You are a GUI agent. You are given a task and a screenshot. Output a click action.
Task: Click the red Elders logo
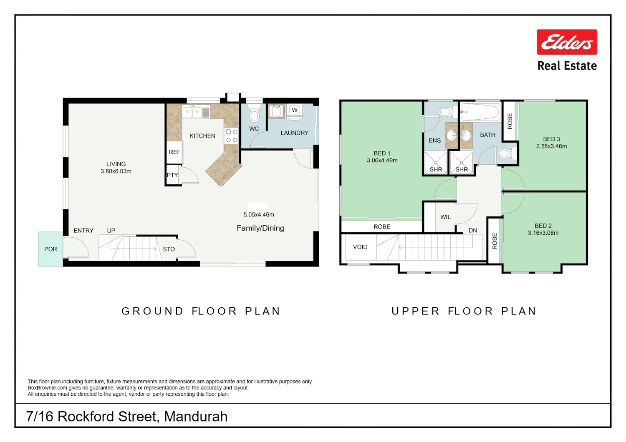[x=567, y=42]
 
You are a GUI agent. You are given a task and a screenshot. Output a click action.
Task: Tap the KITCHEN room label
[x=202, y=136]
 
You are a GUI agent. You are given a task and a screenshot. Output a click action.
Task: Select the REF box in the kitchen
[x=174, y=152]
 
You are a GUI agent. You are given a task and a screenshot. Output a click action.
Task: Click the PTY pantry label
[x=172, y=175]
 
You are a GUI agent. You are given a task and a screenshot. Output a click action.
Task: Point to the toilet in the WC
[x=254, y=113]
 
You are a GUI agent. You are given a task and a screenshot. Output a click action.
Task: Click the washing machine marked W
[x=294, y=111]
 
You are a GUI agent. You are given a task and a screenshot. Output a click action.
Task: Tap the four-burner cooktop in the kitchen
[x=231, y=136]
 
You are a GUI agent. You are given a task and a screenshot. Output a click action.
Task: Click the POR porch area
[x=50, y=249]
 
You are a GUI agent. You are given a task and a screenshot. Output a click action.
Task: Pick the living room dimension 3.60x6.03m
[x=116, y=171]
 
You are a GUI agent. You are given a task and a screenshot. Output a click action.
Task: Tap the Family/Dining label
[x=260, y=228]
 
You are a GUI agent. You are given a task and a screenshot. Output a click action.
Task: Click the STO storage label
[x=169, y=249]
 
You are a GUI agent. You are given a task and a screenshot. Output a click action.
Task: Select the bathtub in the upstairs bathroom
[x=480, y=112]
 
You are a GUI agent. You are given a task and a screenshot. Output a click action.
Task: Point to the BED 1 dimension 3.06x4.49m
[x=382, y=160]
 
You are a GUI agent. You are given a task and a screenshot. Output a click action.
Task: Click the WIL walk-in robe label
[x=445, y=217]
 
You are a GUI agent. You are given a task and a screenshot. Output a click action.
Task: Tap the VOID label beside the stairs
[x=360, y=247]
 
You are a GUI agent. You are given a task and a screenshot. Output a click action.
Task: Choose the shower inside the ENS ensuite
[x=435, y=163]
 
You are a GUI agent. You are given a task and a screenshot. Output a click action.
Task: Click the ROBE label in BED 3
[x=510, y=121]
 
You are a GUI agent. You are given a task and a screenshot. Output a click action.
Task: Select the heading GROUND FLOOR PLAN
[x=201, y=311]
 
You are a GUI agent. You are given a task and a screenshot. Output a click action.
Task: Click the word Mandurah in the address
[x=196, y=416]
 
